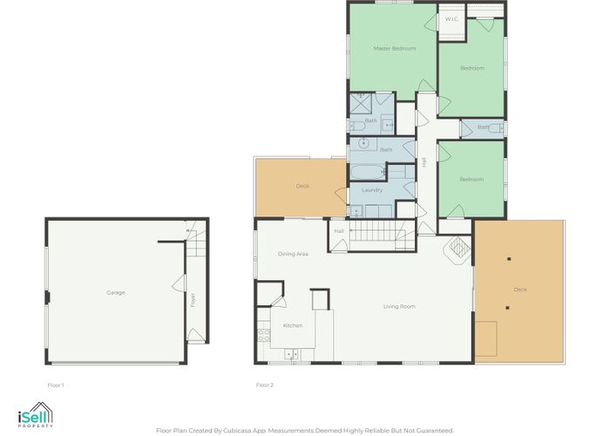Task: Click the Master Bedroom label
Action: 395,49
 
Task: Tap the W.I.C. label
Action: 451,19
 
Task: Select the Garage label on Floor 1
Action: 116,293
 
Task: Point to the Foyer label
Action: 193,300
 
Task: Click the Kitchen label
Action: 293,325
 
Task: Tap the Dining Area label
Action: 293,254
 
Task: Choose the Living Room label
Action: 399,307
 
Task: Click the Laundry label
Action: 372,190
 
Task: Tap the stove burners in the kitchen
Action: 264,335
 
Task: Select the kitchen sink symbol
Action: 291,354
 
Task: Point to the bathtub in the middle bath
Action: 367,173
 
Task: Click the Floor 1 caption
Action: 56,385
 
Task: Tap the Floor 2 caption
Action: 265,385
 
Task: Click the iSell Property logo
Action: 36,415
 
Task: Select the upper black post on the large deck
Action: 509,259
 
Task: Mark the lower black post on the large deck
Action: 507,308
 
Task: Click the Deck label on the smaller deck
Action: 302,186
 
